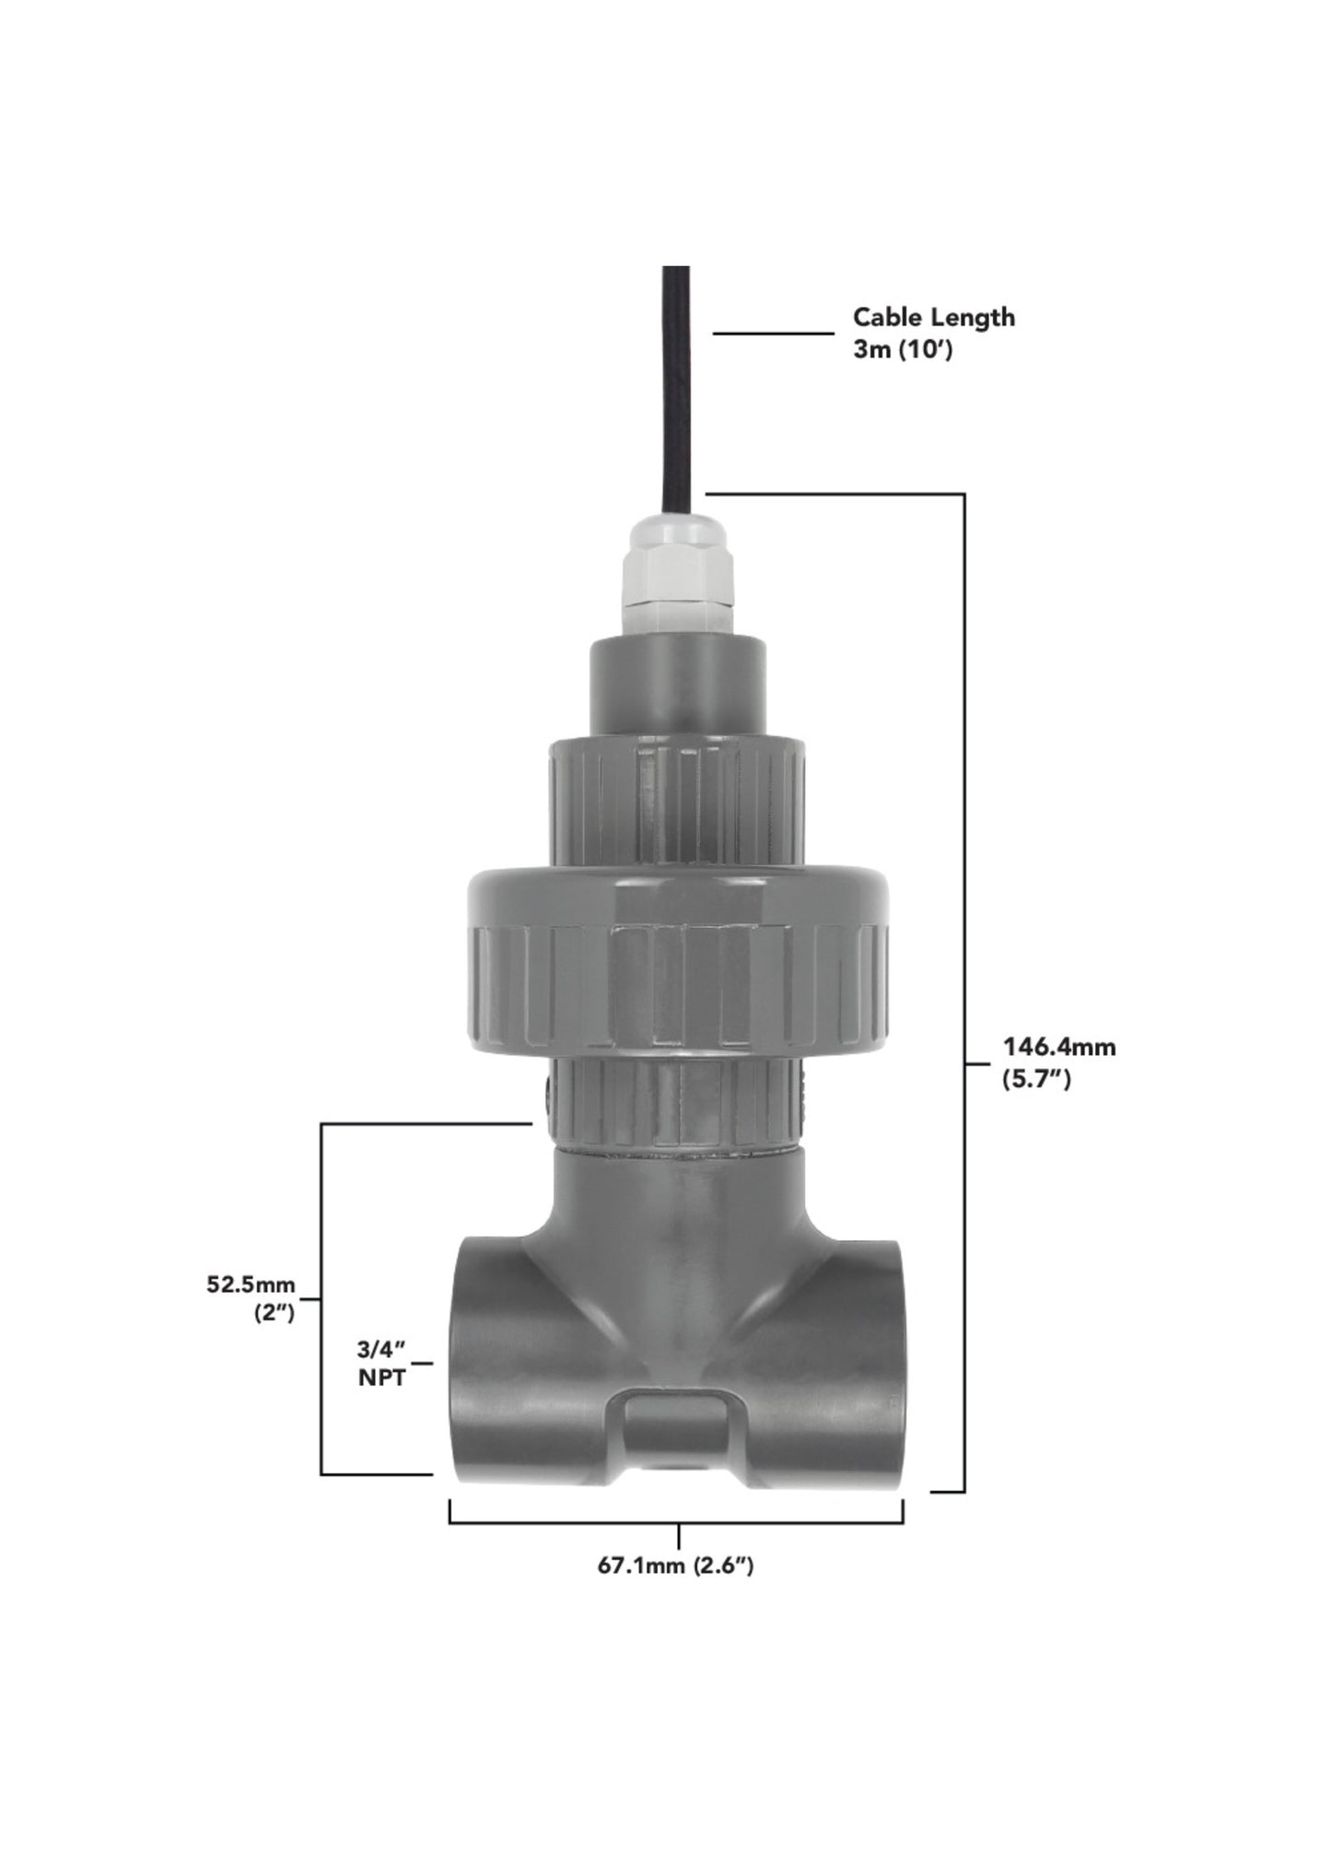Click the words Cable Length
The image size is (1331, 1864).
click(933, 317)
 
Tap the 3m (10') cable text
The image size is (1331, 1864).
click(902, 351)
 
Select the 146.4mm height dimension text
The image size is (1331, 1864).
click(1059, 1047)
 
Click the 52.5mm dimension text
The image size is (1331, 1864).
click(251, 1284)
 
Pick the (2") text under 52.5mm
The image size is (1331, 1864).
click(274, 1315)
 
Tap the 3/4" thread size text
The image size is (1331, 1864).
click(381, 1350)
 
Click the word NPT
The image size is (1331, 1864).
click(381, 1379)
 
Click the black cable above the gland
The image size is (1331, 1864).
click(676, 387)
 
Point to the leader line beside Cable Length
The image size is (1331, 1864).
click(773, 334)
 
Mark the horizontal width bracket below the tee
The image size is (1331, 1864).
click(675, 1524)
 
